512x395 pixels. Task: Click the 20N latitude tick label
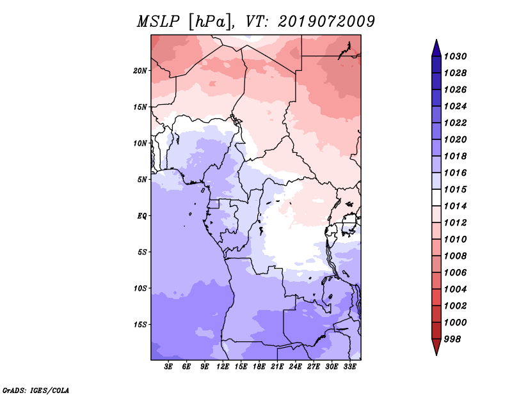pyautogui.click(x=140, y=70)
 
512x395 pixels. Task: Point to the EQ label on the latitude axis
pyautogui.click(x=142, y=215)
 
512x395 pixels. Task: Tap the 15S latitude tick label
pyautogui.click(x=140, y=325)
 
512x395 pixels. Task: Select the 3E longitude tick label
pyautogui.click(x=168, y=367)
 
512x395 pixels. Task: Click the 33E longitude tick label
pyautogui.click(x=349, y=367)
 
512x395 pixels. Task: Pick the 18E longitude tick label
pyautogui.click(x=259, y=367)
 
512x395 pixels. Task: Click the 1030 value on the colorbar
pyautogui.click(x=455, y=56)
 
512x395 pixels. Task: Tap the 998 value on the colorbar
pyautogui.click(x=452, y=339)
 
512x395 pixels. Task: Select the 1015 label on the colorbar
pyautogui.click(x=455, y=189)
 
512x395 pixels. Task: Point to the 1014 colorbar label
pyautogui.click(x=455, y=206)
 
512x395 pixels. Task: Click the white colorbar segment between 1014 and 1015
pyautogui.click(x=436, y=197)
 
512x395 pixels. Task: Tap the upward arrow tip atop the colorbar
pyautogui.click(x=436, y=40)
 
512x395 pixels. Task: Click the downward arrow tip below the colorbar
pyautogui.click(x=436, y=355)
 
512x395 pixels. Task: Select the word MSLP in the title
pyautogui.click(x=158, y=22)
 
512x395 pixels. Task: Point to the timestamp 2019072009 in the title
pyautogui.click(x=326, y=22)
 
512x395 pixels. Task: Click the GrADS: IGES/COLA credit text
pyautogui.click(x=36, y=391)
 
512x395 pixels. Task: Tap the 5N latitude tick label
pyautogui.click(x=142, y=180)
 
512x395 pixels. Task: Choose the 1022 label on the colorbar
pyautogui.click(x=455, y=123)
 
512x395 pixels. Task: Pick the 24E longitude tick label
pyautogui.click(x=295, y=367)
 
